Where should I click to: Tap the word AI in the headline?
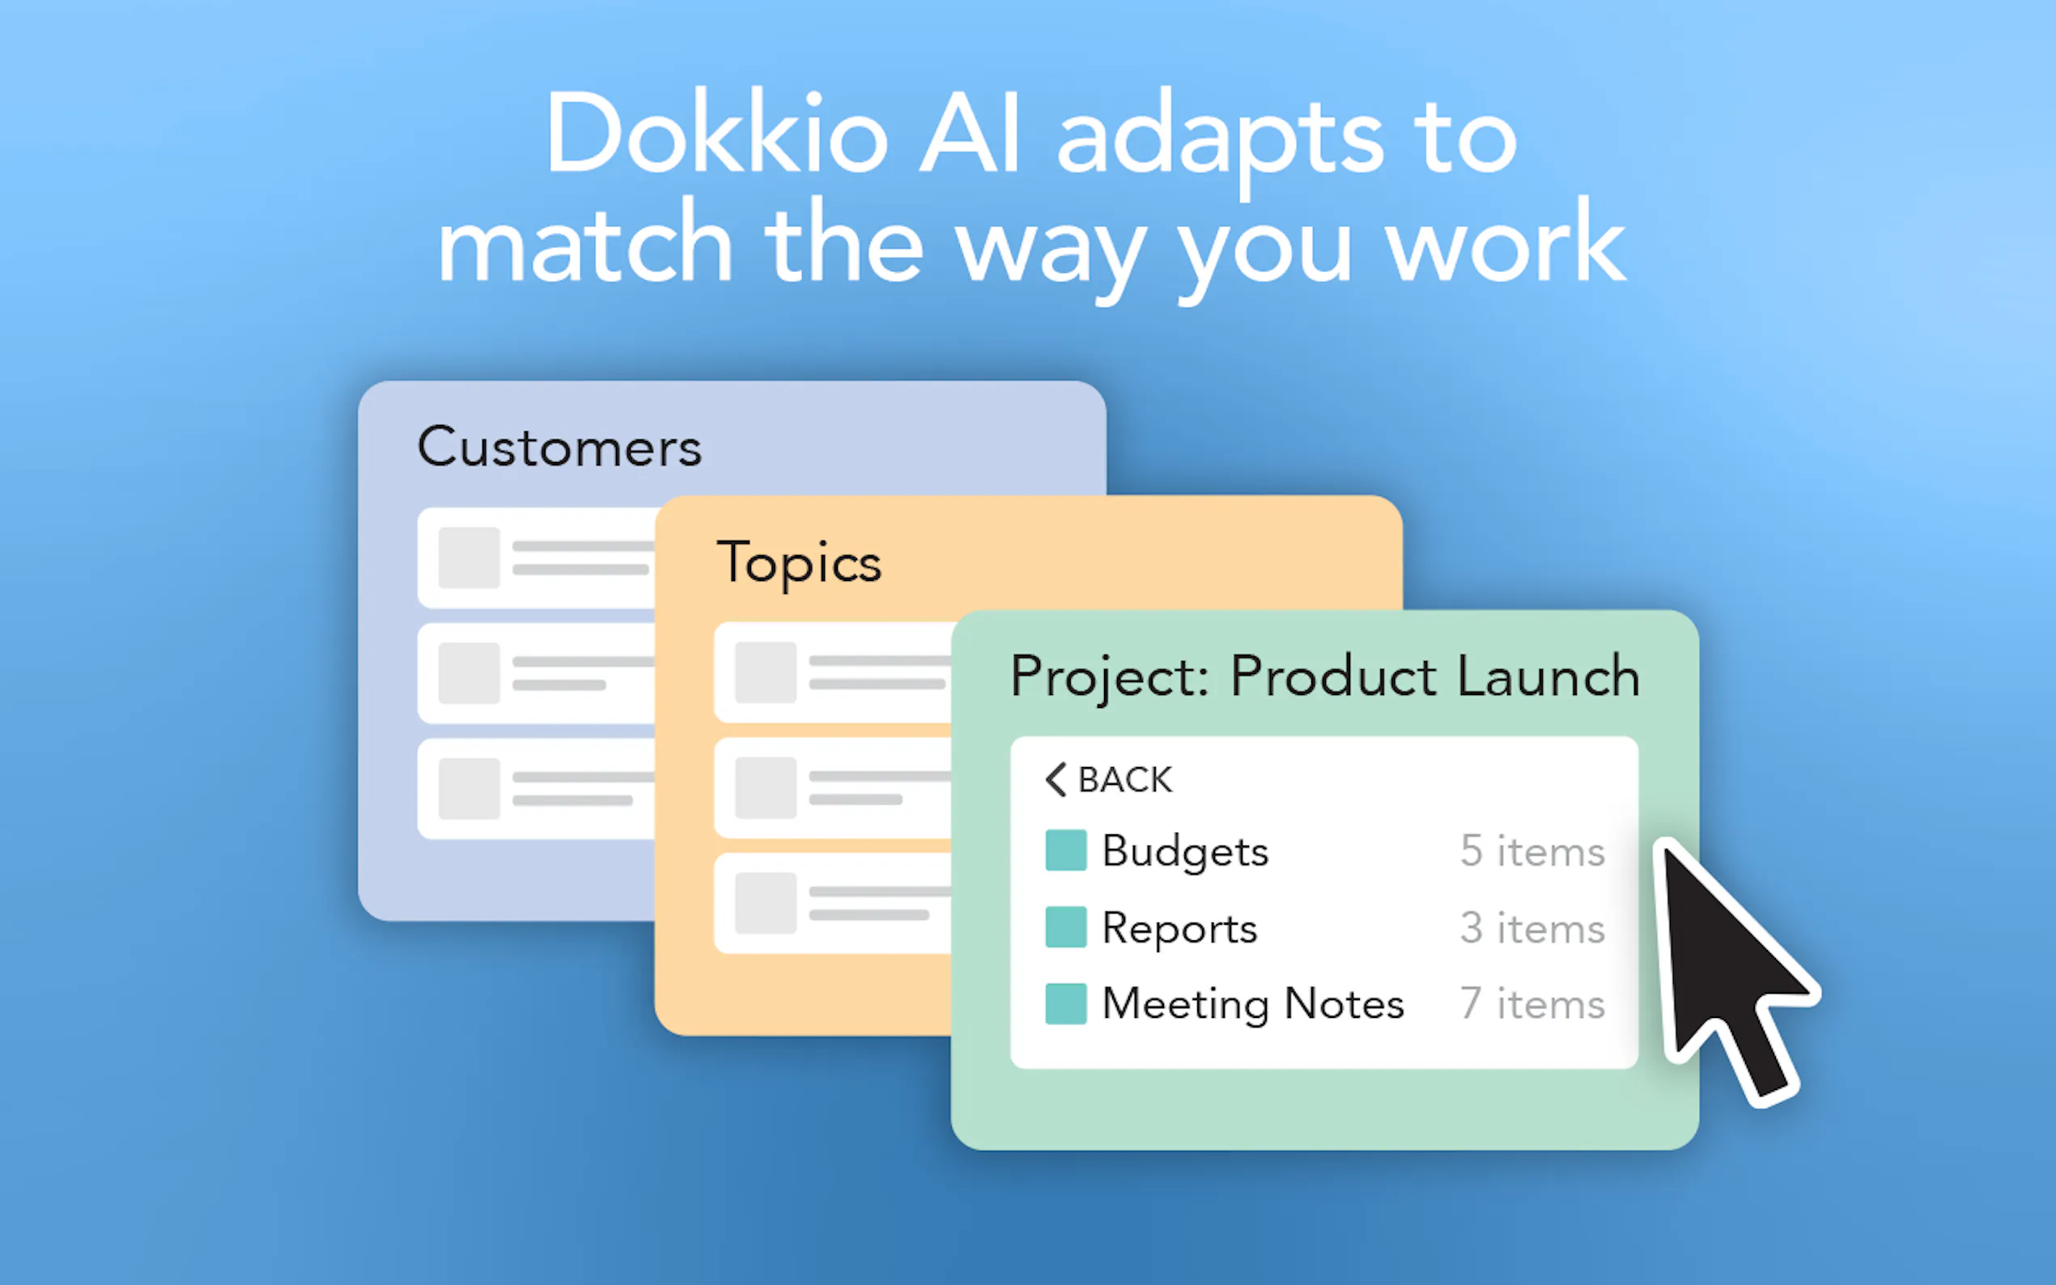[970, 134]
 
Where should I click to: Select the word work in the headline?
[1506, 241]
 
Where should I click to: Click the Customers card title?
[559, 447]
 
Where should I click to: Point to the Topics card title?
[799, 562]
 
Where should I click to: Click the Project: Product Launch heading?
[1324, 677]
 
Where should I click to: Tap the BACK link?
[1124, 779]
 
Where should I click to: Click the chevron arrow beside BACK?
[1056, 779]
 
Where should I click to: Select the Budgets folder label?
[1185, 851]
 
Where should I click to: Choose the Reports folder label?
[1179, 928]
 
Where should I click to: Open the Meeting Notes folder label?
[1253, 1004]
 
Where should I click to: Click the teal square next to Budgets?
[1066, 850]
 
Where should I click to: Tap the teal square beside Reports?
[1066, 927]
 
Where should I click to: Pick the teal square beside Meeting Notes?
[1066, 1003]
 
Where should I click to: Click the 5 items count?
[1532, 850]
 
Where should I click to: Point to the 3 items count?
[1532, 927]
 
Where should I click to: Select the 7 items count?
[1532, 1003]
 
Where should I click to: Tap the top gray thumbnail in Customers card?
[469, 558]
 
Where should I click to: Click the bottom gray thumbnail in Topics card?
[766, 902]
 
